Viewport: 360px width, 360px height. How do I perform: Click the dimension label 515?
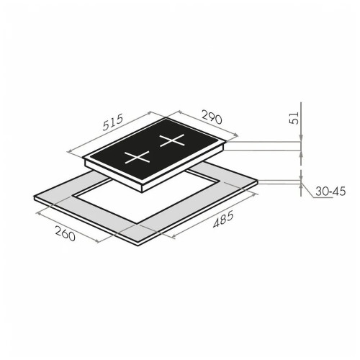pos(113,122)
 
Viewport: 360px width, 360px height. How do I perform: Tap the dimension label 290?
pos(212,117)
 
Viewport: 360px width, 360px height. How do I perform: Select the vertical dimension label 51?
pos(294,117)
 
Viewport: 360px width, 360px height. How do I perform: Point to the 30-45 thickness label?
pos(330,192)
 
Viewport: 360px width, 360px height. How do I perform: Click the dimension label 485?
pos(223,219)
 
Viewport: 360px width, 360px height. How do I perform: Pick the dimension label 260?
pos(66,233)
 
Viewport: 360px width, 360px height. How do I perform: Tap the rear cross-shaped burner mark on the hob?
pos(172,140)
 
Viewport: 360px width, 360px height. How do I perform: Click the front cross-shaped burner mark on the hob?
pos(137,157)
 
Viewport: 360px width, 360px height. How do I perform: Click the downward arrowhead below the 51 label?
pos(301,138)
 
